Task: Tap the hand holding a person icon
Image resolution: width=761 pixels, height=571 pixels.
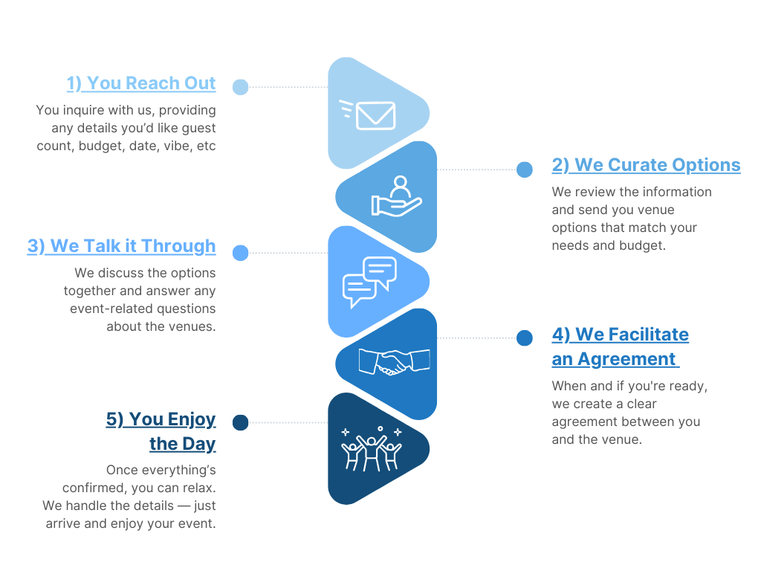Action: tap(396, 196)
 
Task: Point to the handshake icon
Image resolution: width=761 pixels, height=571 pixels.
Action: tap(394, 362)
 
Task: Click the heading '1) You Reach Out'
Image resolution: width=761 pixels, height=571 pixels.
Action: tap(141, 83)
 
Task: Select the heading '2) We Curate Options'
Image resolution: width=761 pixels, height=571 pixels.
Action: tap(646, 165)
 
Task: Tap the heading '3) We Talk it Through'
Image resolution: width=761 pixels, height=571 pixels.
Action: tap(121, 246)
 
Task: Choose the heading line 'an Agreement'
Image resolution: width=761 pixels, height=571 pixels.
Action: tap(614, 359)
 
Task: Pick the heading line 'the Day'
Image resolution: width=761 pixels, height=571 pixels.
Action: tap(182, 444)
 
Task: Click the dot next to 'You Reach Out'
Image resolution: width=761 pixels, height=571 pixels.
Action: tap(240, 87)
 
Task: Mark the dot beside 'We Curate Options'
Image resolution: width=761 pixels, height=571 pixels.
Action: tap(525, 170)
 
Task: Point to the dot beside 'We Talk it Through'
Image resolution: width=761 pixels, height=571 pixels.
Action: tap(240, 253)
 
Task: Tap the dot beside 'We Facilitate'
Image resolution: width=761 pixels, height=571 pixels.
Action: tap(525, 338)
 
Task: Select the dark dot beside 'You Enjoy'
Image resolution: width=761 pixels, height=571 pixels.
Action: tap(240, 423)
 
